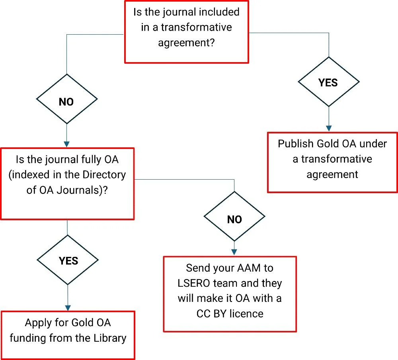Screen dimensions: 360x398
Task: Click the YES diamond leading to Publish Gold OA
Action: [328, 82]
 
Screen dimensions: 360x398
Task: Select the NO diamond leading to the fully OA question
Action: [66, 102]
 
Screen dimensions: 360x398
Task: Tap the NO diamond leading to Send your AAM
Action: [234, 219]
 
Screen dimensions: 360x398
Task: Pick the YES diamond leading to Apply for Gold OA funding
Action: [68, 261]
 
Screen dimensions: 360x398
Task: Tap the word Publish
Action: [296, 144]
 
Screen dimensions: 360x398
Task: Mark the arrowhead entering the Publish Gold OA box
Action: [329, 128]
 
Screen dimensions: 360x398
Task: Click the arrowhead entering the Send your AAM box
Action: [234, 252]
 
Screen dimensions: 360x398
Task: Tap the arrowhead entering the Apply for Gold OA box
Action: [68, 307]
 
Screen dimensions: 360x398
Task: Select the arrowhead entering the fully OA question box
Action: [66, 144]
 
